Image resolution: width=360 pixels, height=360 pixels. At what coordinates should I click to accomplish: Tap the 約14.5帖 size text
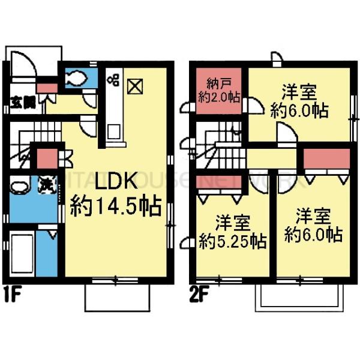[x=115, y=206]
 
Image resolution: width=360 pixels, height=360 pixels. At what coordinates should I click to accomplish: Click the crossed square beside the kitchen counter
[x=135, y=86]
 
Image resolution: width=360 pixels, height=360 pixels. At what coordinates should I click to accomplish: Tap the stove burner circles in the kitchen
[x=113, y=81]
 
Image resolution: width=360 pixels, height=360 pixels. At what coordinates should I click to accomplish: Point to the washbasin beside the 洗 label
[x=20, y=188]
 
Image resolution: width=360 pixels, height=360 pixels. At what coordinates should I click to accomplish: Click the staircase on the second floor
[x=219, y=150]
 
